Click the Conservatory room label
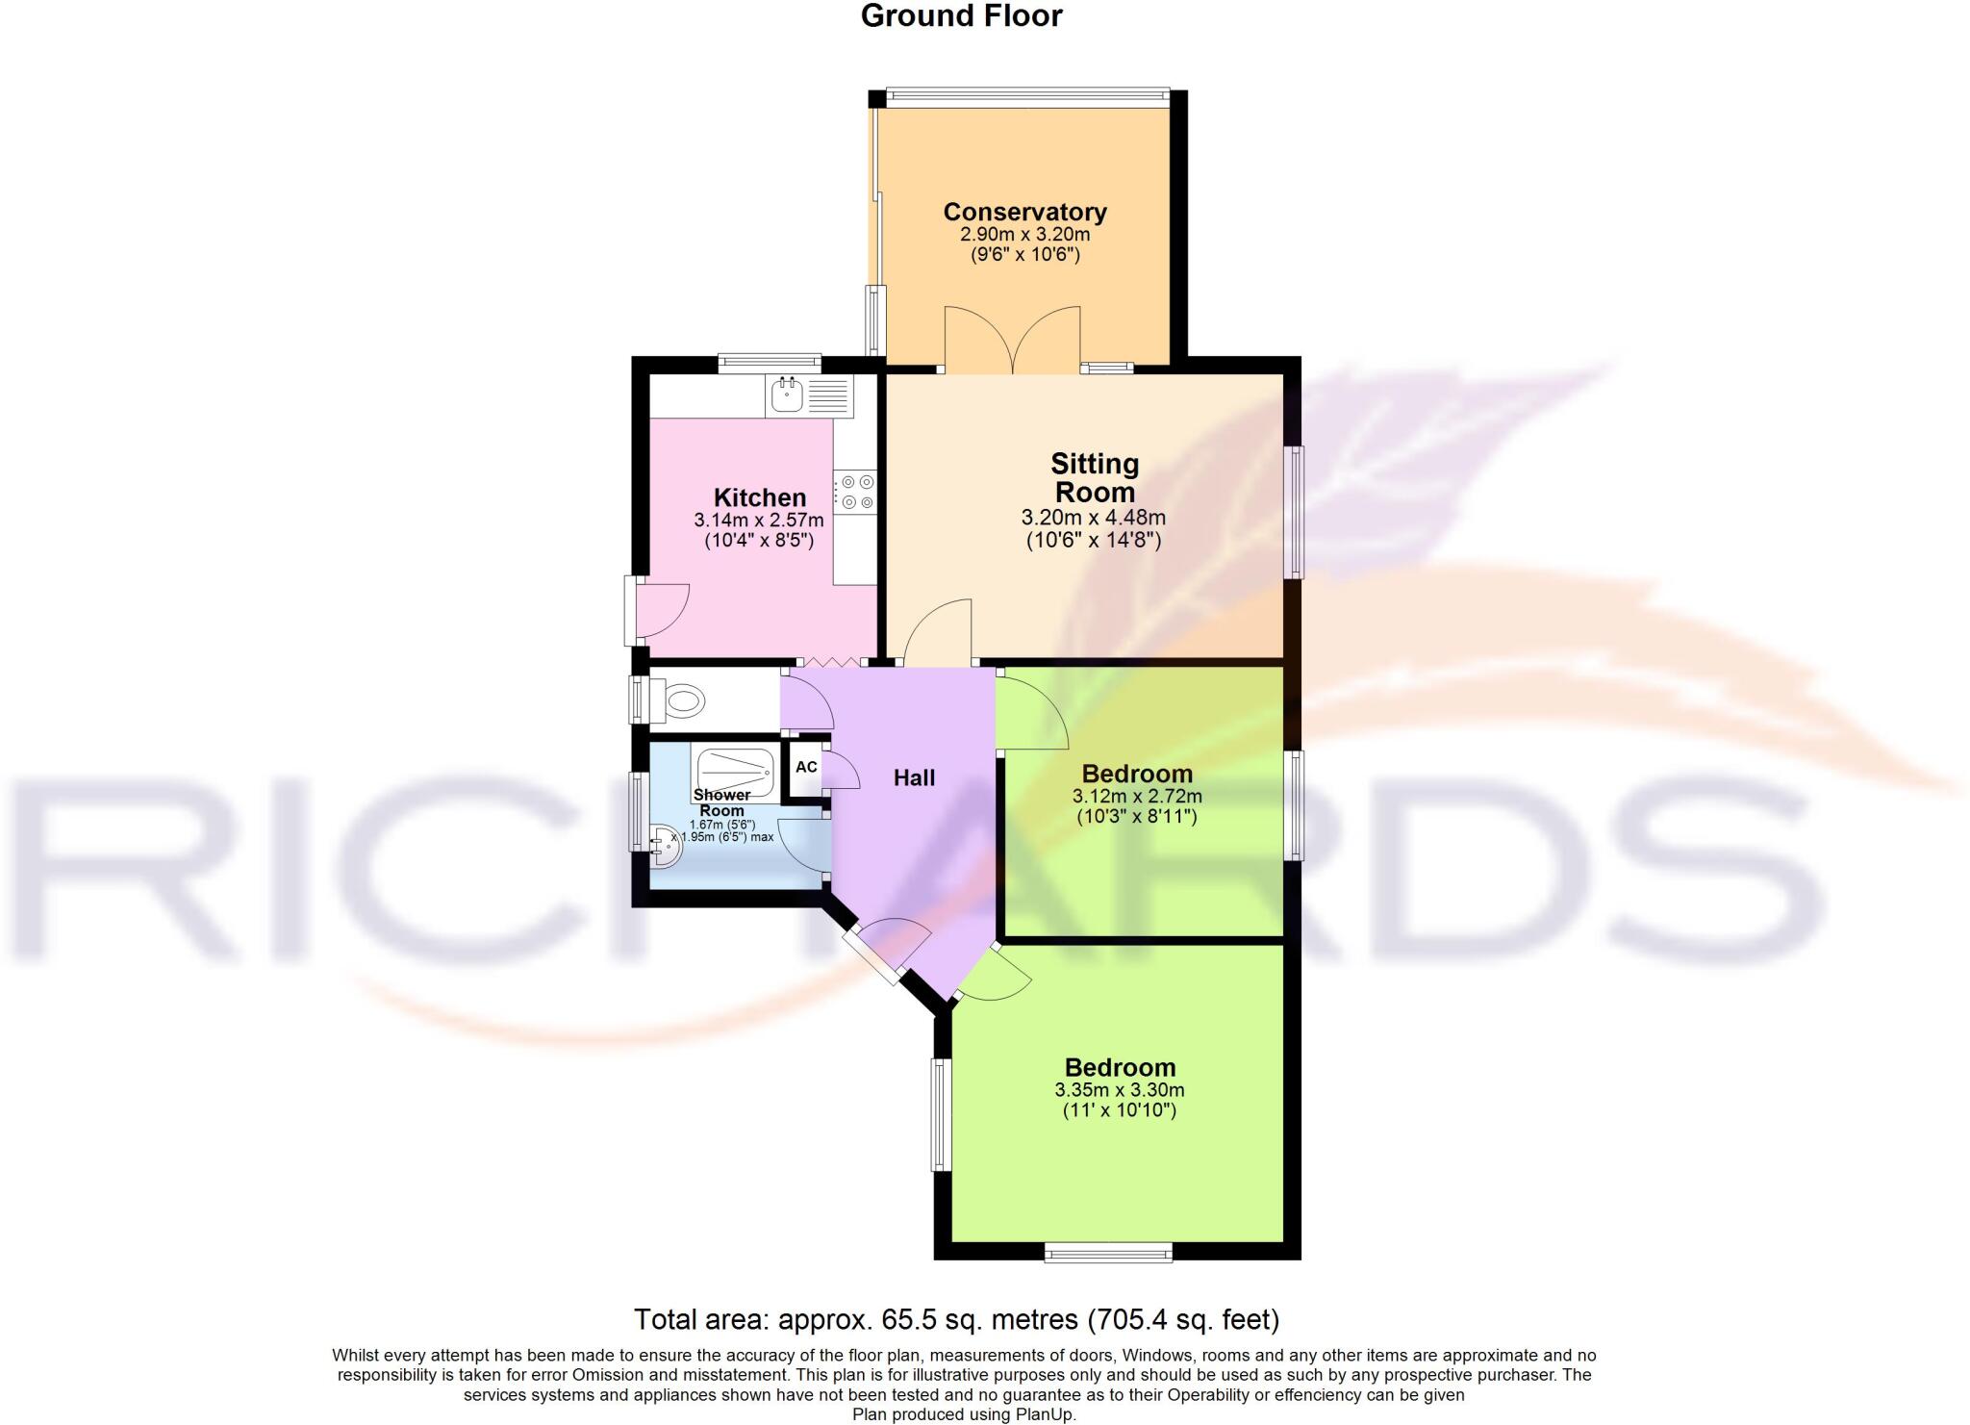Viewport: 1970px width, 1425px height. coord(1024,212)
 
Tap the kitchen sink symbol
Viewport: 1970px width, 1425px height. coord(788,394)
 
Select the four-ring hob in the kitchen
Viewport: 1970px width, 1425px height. coord(855,492)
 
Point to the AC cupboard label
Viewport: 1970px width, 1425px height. coord(806,767)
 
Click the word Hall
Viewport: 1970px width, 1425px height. coord(914,778)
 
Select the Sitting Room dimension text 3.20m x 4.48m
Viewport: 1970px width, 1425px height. coord(1093,518)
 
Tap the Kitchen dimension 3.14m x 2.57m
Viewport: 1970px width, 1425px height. coord(759,521)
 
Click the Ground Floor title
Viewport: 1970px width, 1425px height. coord(961,16)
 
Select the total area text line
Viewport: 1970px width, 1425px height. coord(956,1318)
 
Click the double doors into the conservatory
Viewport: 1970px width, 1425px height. coord(1012,342)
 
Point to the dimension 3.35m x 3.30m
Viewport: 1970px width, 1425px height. coord(1119,1090)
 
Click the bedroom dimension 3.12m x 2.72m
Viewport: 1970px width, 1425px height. coord(1136,797)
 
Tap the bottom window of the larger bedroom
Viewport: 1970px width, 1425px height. coord(1108,1251)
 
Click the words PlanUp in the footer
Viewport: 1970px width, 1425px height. coord(1046,1414)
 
